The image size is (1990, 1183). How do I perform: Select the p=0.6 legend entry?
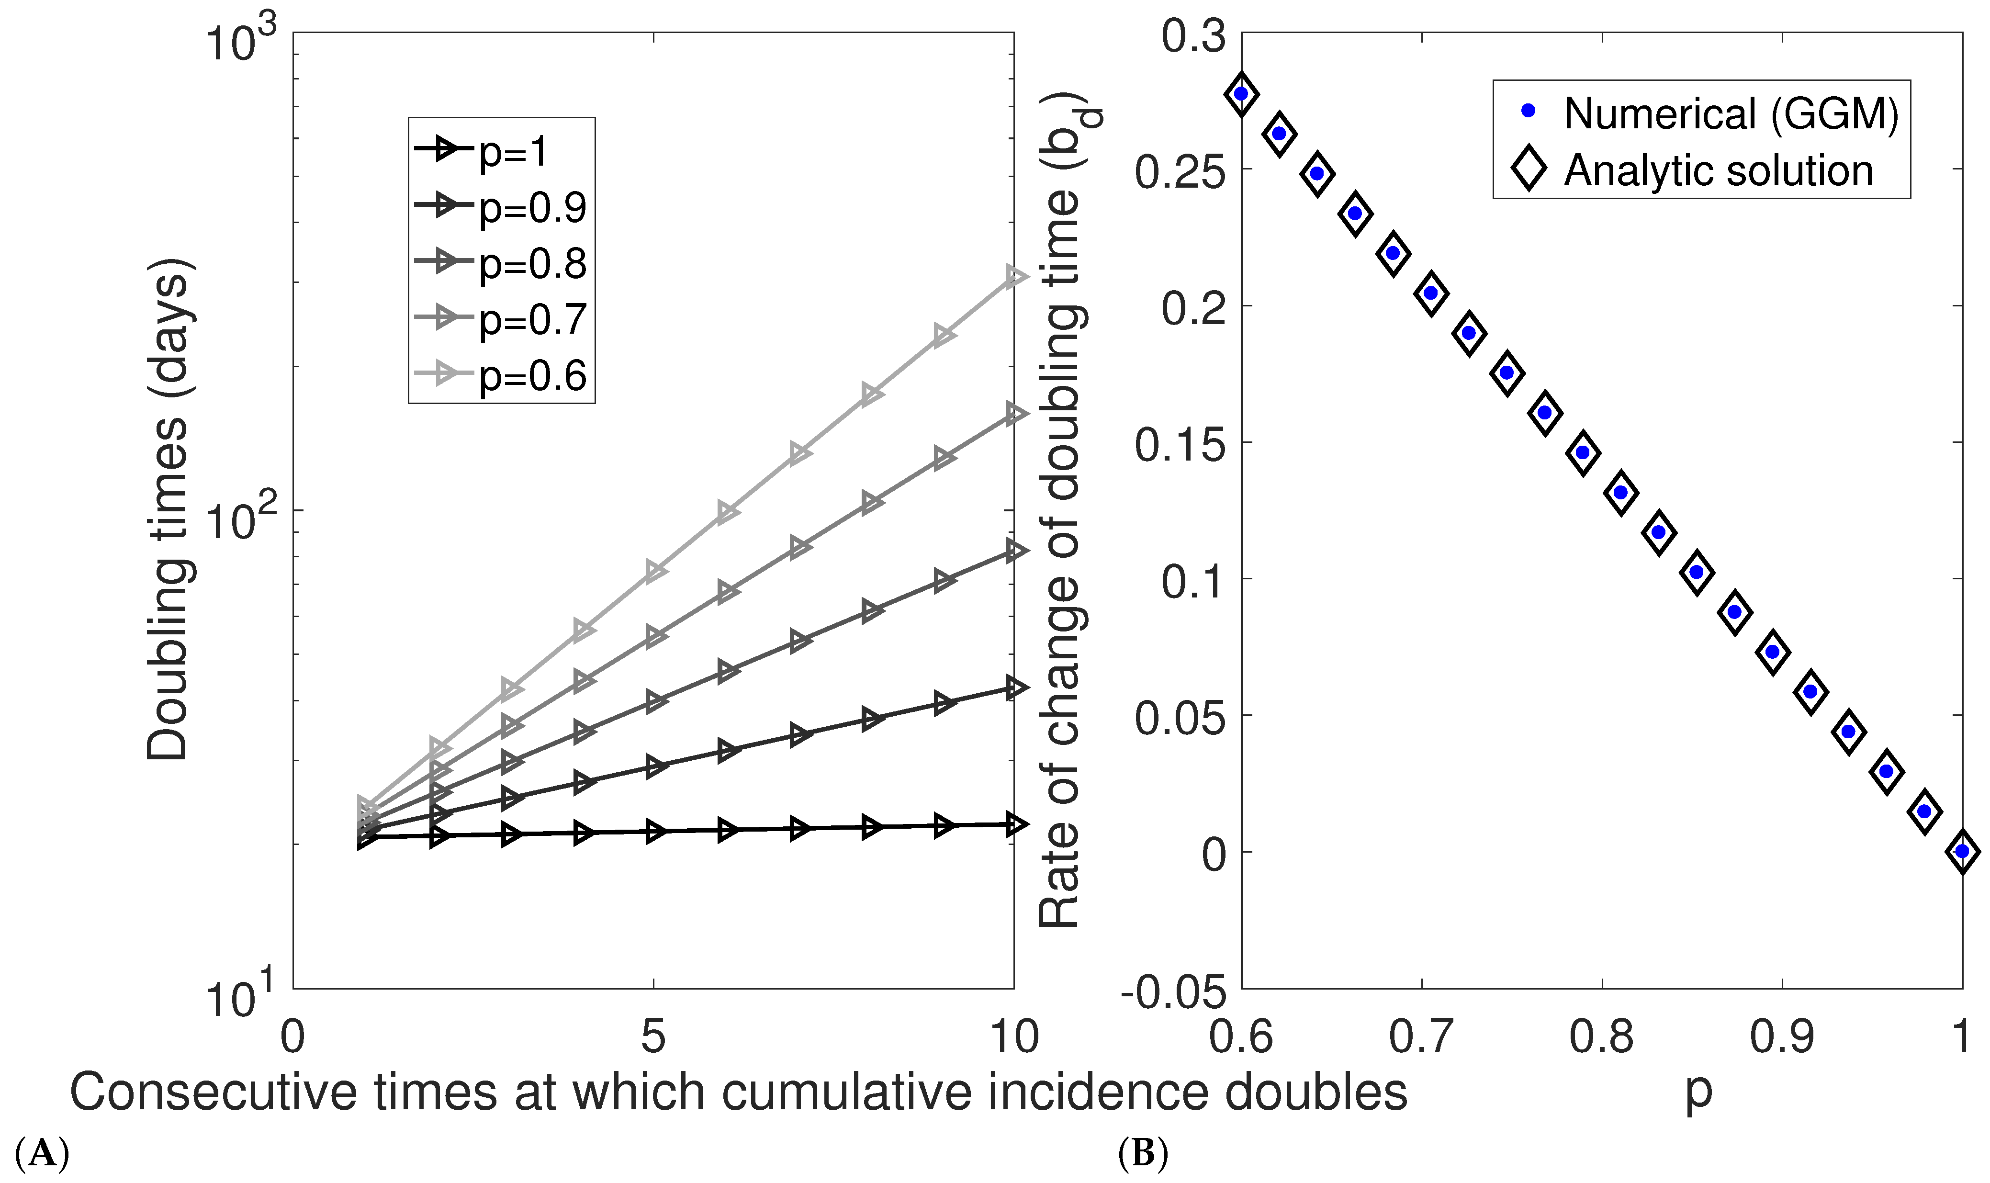pos(502,375)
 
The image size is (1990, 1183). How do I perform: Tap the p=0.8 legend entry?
pos(502,262)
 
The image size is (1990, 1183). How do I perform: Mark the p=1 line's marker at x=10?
pos(1014,823)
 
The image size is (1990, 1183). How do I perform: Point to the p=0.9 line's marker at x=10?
pos(1014,687)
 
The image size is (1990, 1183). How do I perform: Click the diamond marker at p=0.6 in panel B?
pos(1241,94)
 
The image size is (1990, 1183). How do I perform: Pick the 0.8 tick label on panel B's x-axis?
pos(1601,1037)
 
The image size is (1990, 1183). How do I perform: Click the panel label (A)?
pos(42,1153)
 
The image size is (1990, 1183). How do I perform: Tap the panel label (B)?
pos(1143,1153)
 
